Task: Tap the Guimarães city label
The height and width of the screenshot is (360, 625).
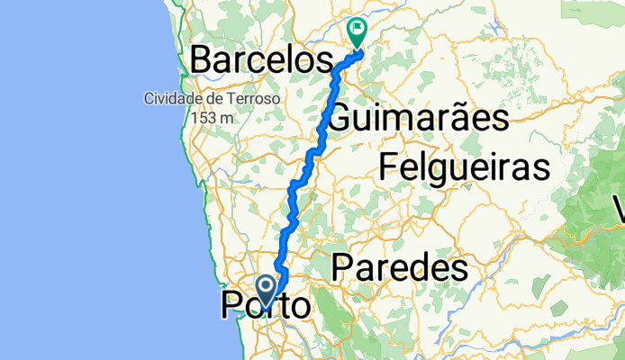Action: coord(419,118)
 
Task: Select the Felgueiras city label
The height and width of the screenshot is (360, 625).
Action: coord(464,167)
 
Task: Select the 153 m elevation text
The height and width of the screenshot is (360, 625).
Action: coord(212,117)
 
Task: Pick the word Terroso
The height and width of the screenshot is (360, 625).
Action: coord(254,99)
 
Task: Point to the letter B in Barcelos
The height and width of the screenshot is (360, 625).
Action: coord(201,61)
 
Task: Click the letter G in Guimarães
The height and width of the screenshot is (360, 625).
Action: coord(342,118)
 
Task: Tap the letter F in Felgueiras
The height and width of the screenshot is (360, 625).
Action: coord(387,167)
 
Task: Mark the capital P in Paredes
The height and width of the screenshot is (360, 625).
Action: coord(341,267)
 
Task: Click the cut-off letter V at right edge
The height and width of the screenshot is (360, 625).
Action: coord(620,212)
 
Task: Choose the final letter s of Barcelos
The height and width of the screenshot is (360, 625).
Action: coord(325,61)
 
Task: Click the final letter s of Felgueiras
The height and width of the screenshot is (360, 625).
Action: coord(542,167)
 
